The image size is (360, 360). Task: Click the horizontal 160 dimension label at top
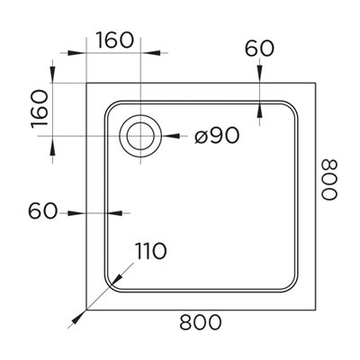pos(114,40)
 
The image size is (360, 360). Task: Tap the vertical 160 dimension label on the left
pos(40,109)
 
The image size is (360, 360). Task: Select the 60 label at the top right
pos(259,49)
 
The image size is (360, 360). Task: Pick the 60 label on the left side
pos(42,211)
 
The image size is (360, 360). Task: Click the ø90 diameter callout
pos(217,135)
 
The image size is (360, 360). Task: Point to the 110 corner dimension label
pos(150,251)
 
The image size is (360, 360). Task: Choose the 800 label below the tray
pos(201,322)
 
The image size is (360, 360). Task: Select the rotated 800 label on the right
pos(329,180)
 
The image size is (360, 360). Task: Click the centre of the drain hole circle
pos(140,136)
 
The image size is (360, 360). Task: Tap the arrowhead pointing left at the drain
pos(171,136)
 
